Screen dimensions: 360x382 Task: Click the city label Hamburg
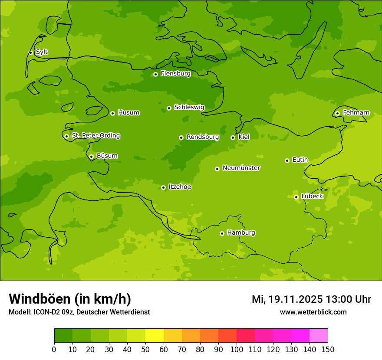[x=241, y=233]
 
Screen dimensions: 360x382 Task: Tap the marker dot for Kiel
[x=233, y=137]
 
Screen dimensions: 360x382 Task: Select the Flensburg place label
[x=175, y=74]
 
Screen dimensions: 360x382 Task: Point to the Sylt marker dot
[x=30, y=52]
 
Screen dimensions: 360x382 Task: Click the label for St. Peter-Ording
[x=95, y=136]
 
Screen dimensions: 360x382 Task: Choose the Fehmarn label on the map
[x=356, y=113]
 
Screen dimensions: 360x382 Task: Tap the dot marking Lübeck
[x=296, y=197]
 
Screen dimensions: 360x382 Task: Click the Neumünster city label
[x=241, y=168]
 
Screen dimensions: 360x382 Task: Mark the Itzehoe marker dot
[x=163, y=187]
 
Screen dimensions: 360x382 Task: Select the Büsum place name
[x=107, y=156]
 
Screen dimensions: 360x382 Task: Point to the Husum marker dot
[x=112, y=113]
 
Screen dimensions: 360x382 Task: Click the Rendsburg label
[x=203, y=137]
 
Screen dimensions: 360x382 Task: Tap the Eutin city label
[x=300, y=160]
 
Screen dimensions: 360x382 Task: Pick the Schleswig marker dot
[x=169, y=108]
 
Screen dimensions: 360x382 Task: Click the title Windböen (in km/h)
[x=70, y=299]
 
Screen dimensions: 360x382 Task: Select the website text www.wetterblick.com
[x=313, y=312]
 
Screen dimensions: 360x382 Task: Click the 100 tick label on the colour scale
[x=237, y=349]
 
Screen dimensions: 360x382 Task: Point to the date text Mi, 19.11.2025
[x=287, y=299]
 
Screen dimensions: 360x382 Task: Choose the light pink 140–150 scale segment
[x=319, y=336]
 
